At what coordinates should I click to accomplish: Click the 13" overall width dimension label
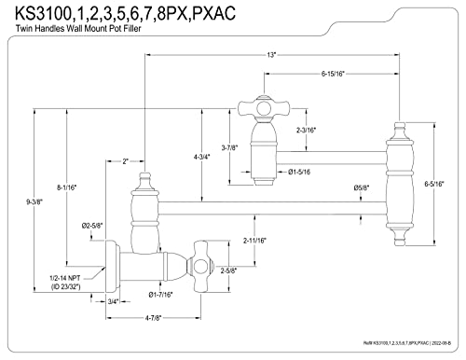tap(271, 55)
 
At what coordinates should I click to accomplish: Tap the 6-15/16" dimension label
tap(333, 74)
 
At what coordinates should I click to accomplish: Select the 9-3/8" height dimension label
tap(34, 201)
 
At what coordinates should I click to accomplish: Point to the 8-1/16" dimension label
tap(66, 187)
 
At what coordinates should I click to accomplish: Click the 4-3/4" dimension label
tap(202, 157)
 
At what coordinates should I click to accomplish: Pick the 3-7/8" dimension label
tap(229, 148)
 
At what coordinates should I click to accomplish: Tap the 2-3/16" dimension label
tap(306, 131)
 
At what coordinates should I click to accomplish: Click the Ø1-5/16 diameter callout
tap(299, 172)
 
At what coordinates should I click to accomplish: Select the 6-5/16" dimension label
tap(434, 184)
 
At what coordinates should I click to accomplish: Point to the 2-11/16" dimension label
tap(254, 241)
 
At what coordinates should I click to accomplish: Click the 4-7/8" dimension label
tap(153, 318)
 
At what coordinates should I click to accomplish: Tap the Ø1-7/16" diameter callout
tap(160, 295)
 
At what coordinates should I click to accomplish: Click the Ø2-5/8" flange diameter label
tap(92, 226)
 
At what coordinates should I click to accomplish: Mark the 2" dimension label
tap(125, 161)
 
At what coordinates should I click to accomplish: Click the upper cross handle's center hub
tap(264, 108)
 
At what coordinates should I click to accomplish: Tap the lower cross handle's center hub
tap(199, 268)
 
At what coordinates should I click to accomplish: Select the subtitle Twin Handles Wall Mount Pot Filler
tap(78, 29)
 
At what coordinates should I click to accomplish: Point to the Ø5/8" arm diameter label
tap(362, 187)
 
